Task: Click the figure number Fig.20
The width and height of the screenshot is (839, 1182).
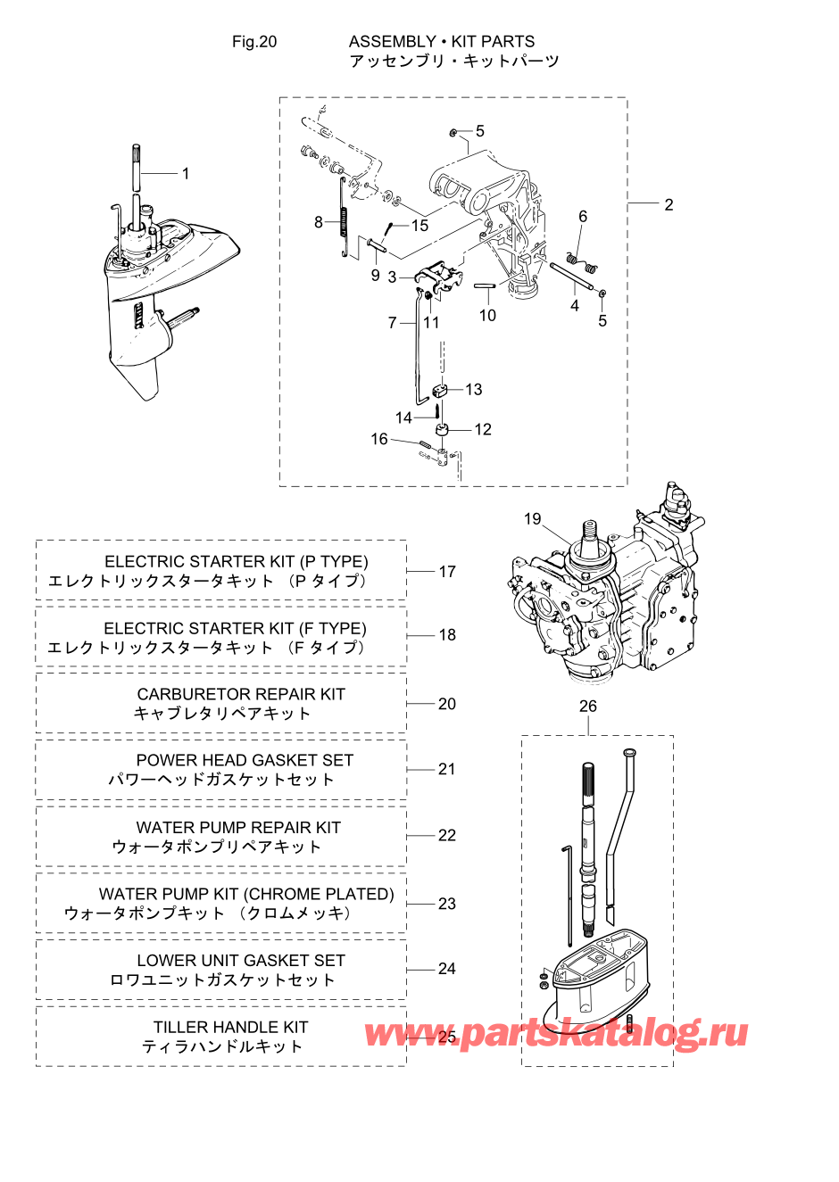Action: coord(254,42)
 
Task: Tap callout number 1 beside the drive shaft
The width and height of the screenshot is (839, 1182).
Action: coord(186,174)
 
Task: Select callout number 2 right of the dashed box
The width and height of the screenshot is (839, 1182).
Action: coord(669,205)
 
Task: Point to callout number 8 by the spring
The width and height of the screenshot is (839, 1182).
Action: coord(318,222)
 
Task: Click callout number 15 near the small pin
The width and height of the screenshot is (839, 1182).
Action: coord(419,226)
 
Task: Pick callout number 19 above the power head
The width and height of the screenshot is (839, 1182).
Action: coord(532,518)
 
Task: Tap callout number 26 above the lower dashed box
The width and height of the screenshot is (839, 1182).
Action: coord(587,706)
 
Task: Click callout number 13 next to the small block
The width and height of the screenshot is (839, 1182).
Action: coord(474,390)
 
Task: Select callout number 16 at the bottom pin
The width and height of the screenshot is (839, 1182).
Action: coord(379,439)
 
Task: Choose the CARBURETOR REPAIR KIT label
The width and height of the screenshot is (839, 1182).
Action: coord(241,694)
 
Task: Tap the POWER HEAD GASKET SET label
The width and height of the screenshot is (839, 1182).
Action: coord(245,760)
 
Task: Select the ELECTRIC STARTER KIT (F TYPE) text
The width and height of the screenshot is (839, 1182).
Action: coord(235,628)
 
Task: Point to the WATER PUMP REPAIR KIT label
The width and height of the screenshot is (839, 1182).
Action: coord(238,827)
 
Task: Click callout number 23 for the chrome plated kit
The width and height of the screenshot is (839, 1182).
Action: coord(446,904)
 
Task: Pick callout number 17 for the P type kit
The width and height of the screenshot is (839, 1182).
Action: coord(447,572)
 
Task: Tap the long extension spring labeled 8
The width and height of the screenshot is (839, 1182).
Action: coord(344,218)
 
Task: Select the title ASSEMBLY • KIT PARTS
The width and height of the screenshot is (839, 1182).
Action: coord(442,42)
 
